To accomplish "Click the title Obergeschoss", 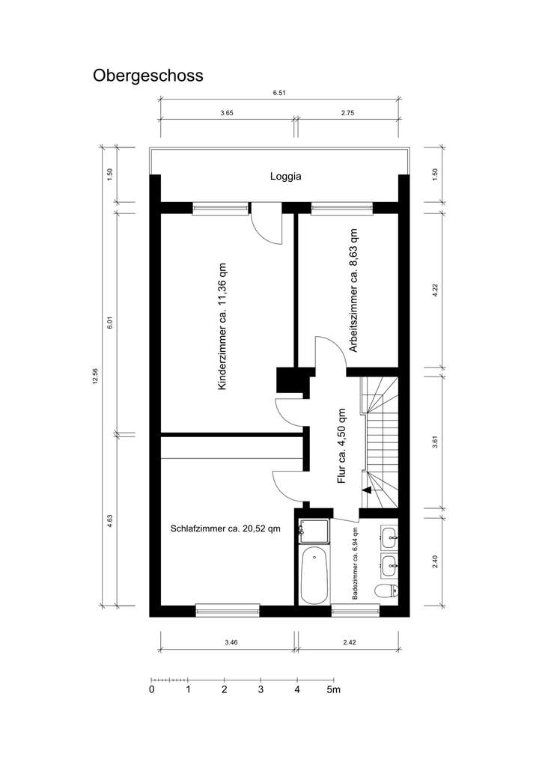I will (147, 76).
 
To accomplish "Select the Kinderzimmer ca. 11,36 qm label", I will (222, 326).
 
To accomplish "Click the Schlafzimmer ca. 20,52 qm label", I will (225, 528).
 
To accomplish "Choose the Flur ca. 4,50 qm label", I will (341, 446).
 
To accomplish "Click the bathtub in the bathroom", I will (314, 574).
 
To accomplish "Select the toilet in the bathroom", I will (386, 592).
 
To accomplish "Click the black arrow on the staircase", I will (367, 490).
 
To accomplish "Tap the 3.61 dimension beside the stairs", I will (435, 439).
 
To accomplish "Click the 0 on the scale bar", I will (152, 689).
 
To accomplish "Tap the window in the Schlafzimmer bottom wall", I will (228, 610).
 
